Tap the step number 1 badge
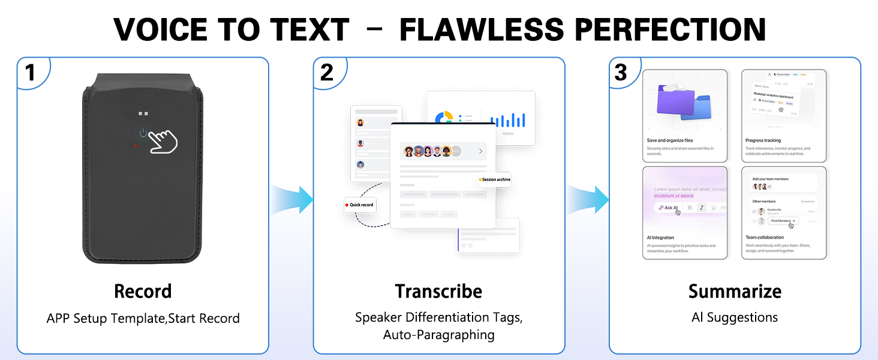(x=30, y=73)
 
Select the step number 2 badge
(x=327, y=73)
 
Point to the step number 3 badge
(x=621, y=73)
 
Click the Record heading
(x=143, y=292)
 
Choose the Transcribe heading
(x=438, y=292)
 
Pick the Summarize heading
(x=735, y=292)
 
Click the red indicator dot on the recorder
(x=136, y=146)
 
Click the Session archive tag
(x=495, y=179)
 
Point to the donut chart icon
(x=444, y=118)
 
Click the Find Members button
(x=783, y=221)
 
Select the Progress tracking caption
(x=763, y=140)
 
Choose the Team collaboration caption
(x=765, y=238)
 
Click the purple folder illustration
(x=676, y=101)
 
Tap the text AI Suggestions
(x=735, y=317)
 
